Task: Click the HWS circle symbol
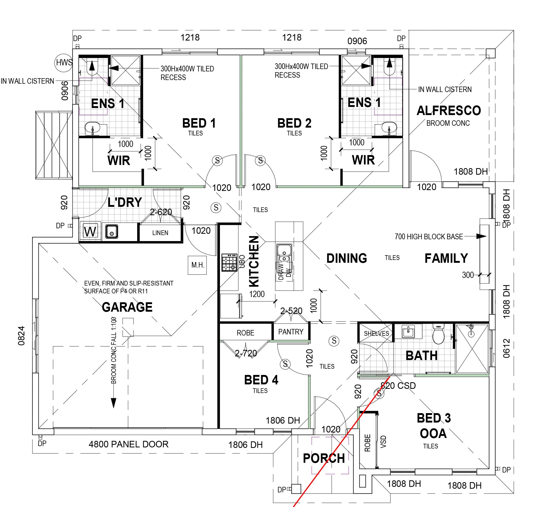(64, 62)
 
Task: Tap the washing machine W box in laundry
(90, 231)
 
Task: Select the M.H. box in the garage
(197, 265)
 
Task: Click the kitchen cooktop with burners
(229, 263)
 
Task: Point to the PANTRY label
(290, 332)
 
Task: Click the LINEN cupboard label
(160, 233)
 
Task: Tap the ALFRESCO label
(449, 111)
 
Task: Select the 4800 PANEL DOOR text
(129, 444)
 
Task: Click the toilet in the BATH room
(438, 335)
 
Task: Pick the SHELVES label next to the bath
(376, 333)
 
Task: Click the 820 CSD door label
(398, 386)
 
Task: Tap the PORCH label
(324, 458)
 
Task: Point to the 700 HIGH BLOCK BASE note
(429, 236)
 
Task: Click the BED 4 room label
(261, 380)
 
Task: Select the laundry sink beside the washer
(111, 231)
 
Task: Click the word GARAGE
(127, 307)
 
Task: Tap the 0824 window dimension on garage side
(21, 336)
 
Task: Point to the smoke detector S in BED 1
(217, 161)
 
